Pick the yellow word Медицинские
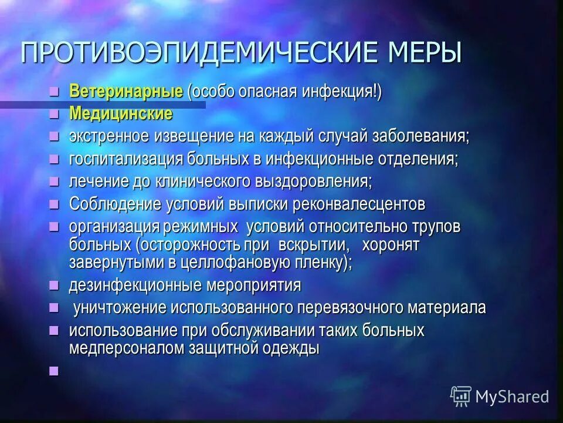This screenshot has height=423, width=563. pyautogui.click(x=121, y=113)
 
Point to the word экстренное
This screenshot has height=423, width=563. pyautogui.click(x=110, y=137)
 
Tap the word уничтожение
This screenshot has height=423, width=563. pyautogui.click(x=119, y=308)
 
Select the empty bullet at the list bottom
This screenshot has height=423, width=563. pyautogui.click(x=55, y=370)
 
